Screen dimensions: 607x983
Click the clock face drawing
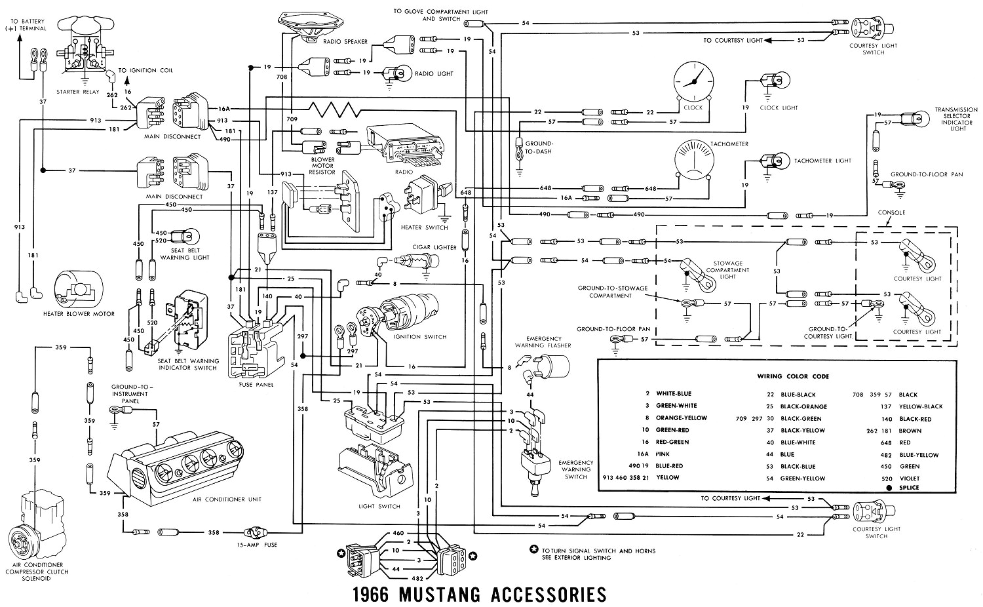pyautogui.click(x=692, y=81)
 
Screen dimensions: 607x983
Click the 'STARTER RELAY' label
pyautogui.click(x=78, y=92)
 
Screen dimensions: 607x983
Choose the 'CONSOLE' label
pyautogui.click(x=891, y=212)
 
